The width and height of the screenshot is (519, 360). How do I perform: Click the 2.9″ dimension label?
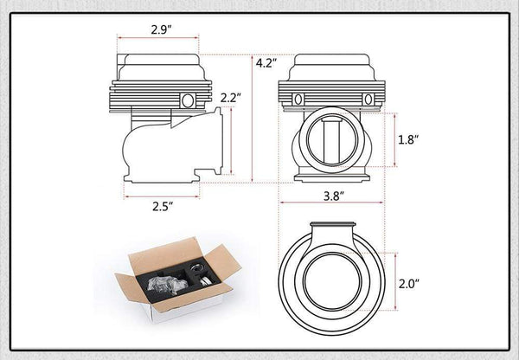click(x=162, y=29)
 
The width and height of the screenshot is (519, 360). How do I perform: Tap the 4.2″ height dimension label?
click(x=266, y=63)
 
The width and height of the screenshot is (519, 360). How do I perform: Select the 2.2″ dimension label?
click(x=231, y=98)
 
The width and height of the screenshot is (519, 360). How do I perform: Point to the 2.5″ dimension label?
click(x=163, y=206)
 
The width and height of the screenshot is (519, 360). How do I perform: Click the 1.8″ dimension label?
click(x=408, y=140)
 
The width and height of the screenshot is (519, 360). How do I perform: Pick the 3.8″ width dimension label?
click(x=334, y=196)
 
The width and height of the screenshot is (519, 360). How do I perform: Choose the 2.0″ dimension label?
click(x=409, y=284)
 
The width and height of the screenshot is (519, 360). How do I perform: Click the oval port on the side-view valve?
click(x=188, y=100)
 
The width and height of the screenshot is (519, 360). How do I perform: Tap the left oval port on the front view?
click(x=298, y=100)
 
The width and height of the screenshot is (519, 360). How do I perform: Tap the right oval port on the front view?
click(x=368, y=100)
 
